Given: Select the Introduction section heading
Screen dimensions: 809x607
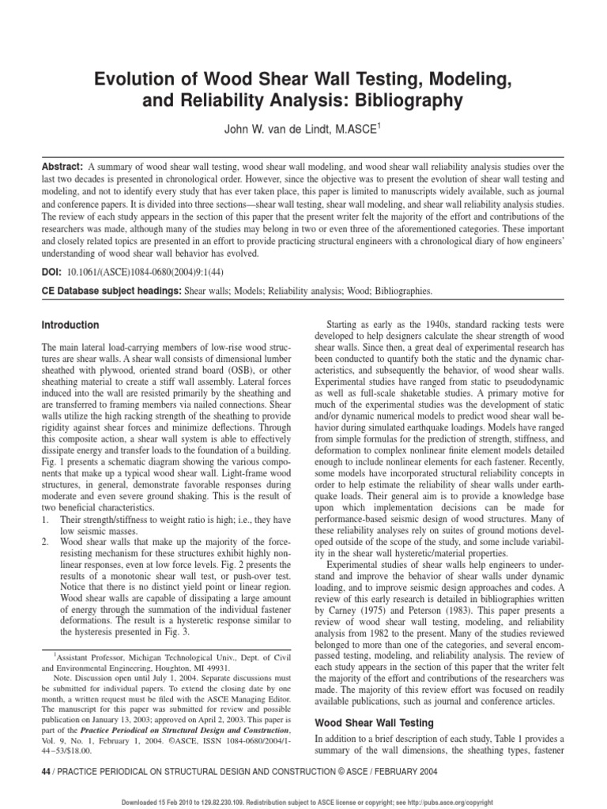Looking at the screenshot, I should click(x=70, y=325).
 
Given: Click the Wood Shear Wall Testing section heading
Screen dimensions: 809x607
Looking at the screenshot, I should click(x=374, y=722).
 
